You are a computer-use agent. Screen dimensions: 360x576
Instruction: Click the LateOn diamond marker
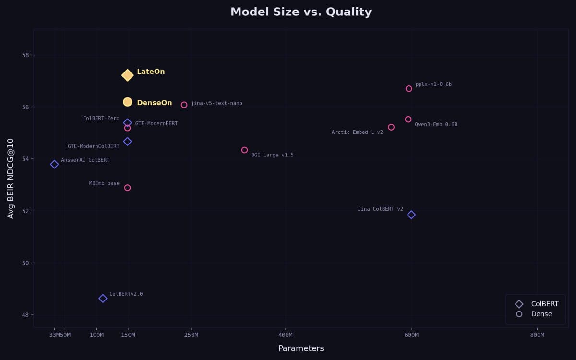tap(127, 75)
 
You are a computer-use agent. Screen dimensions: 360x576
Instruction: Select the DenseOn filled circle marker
tap(127, 102)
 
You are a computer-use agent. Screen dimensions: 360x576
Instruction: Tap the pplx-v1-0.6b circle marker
tap(409, 89)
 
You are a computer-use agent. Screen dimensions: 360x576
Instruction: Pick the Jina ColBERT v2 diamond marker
tap(411, 215)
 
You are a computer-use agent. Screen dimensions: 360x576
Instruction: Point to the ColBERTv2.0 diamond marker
tap(103, 299)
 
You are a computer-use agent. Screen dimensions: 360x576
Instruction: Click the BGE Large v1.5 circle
tap(244, 150)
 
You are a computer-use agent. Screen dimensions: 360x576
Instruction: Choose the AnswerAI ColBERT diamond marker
tap(54, 164)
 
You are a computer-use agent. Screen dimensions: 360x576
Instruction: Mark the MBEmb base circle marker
tap(127, 188)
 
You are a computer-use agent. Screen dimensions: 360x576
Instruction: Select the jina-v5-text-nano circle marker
tap(184, 105)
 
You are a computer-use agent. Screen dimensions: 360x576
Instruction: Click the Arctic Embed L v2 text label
tap(357, 132)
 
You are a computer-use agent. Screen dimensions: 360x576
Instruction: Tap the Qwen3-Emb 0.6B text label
tap(436, 125)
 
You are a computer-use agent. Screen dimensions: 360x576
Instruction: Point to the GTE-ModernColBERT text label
tap(94, 146)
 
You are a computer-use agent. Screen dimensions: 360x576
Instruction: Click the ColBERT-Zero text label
tap(101, 119)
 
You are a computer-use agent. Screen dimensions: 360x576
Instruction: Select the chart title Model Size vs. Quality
tap(301, 12)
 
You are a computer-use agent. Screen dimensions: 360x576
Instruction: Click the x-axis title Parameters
tap(301, 348)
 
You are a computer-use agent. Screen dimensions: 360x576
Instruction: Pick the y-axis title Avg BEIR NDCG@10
tap(11, 178)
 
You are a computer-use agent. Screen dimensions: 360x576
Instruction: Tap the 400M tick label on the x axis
tap(286, 335)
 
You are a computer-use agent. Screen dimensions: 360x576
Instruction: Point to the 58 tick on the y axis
tap(25, 55)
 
